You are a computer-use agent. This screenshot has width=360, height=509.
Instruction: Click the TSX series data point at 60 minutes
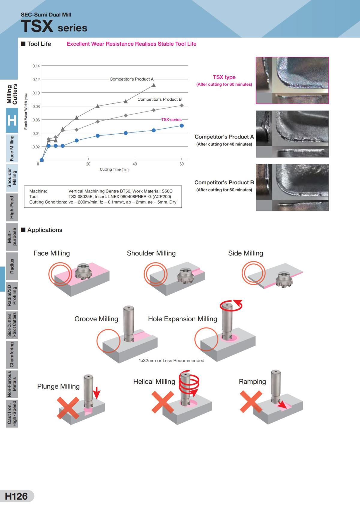[x=181, y=126]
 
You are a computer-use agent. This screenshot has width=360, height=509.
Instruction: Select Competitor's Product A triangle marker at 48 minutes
[x=154, y=85]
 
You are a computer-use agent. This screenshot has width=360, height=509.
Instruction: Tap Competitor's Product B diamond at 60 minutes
[x=181, y=105]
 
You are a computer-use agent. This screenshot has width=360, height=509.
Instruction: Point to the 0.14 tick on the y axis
[x=36, y=66]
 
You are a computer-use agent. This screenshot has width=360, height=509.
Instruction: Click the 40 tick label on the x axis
[x=135, y=164]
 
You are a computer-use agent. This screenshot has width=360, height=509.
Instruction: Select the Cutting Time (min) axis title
[x=115, y=169]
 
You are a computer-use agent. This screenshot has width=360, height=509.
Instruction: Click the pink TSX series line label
[x=171, y=120]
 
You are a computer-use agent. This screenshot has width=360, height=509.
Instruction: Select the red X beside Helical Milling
[x=162, y=402]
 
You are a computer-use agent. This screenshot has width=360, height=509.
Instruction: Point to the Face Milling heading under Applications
[x=52, y=253]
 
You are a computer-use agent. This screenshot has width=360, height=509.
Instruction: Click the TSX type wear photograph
[x=292, y=80]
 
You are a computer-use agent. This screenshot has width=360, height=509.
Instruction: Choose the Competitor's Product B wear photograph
[x=292, y=187]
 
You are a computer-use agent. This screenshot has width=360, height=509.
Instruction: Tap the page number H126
[x=16, y=496]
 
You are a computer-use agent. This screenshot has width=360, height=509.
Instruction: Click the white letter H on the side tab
[x=12, y=121]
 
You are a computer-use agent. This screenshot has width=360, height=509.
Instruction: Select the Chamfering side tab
[x=12, y=355]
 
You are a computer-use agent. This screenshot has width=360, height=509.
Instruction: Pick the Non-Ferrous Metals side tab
[x=12, y=384]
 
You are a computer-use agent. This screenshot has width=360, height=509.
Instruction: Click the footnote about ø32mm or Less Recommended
[x=172, y=361]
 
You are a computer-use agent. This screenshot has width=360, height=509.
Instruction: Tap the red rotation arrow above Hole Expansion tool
[x=231, y=305]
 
